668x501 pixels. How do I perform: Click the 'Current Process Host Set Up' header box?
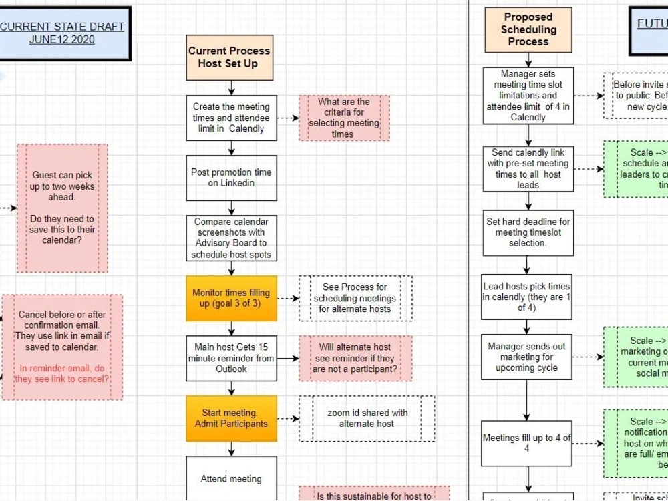click(230, 57)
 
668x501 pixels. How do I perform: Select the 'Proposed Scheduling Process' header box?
click(528, 30)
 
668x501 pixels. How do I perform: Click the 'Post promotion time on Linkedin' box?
click(231, 178)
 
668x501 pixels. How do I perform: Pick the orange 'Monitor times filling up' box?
click(231, 298)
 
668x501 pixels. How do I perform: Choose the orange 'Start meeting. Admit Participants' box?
click(231, 418)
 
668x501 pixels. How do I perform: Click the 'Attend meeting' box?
click(231, 478)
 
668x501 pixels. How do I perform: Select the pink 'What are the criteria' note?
click(344, 118)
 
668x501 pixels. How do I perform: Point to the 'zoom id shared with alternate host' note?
click(367, 418)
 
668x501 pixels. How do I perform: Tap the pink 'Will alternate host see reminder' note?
click(355, 358)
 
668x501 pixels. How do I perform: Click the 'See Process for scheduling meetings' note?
click(355, 298)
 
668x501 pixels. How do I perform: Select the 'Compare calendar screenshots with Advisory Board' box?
click(231, 238)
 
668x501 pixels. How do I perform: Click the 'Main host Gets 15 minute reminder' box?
click(231, 358)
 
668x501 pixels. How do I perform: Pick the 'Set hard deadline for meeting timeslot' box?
click(528, 232)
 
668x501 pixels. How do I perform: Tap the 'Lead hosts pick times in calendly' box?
click(526, 297)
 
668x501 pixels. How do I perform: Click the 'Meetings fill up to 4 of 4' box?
click(526, 444)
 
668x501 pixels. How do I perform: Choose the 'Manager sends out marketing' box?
click(526, 357)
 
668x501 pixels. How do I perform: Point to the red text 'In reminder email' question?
click(61, 374)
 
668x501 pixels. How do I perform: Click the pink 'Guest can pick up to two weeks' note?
click(62, 208)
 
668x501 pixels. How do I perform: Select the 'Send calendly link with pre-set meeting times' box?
click(528, 169)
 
